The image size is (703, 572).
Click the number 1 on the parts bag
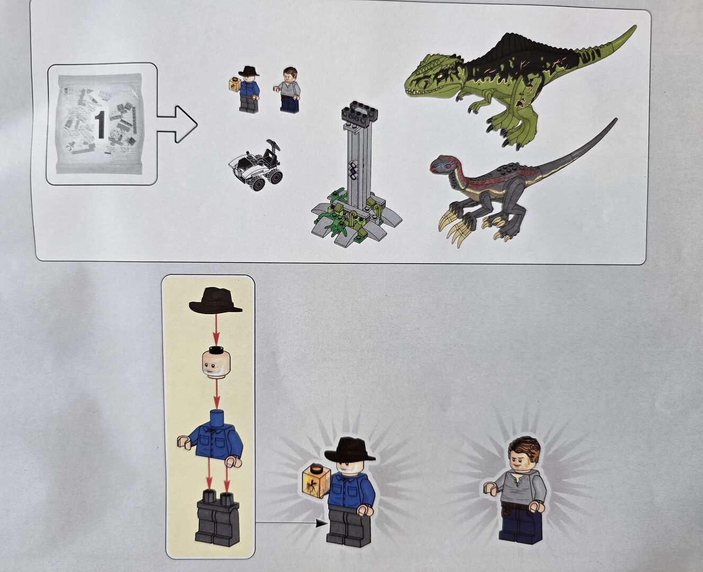click(x=100, y=124)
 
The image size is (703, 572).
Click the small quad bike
click(x=256, y=167)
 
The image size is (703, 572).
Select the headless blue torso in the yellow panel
click(x=210, y=438)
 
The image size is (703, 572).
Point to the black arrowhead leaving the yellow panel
click(x=320, y=523)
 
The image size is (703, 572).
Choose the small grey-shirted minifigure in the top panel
click(x=288, y=91)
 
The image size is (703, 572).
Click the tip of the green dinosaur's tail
click(x=634, y=26)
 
